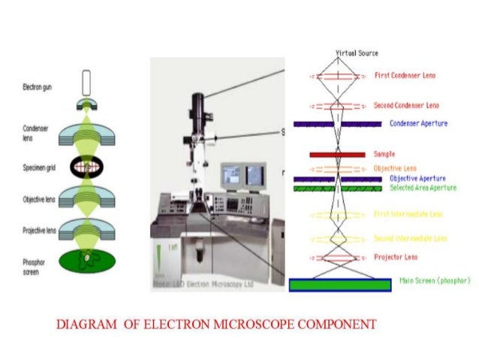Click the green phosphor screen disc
[89, 261]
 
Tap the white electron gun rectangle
[87, 80]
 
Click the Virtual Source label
[357, 53]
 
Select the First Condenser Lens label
[405, 76]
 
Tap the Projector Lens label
[395, 257]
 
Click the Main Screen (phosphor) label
[435, 280]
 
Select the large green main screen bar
[339, 285]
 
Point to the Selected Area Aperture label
[423, 188]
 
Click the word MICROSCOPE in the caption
[252, 325]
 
